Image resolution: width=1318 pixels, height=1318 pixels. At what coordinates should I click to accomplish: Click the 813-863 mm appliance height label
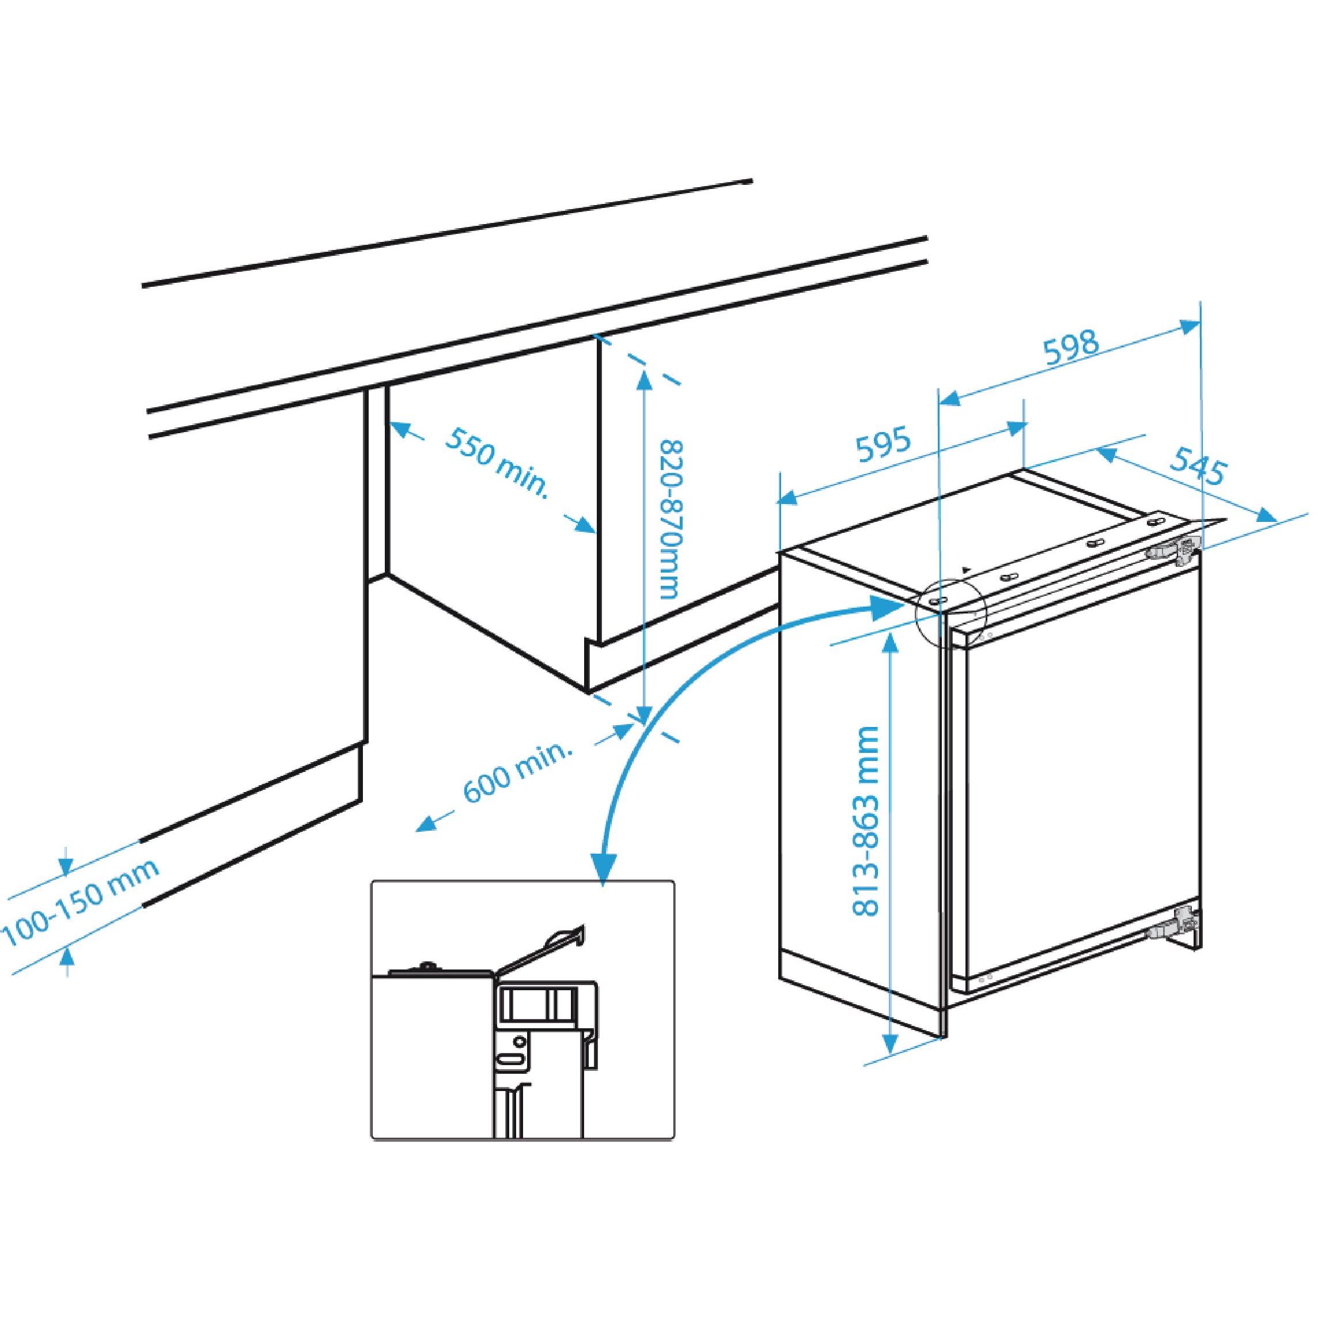(866, 821)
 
